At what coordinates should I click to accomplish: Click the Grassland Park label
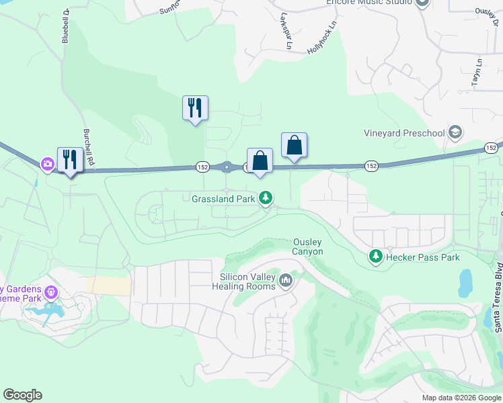pos(223,199)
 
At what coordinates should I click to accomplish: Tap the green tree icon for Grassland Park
pos(267,198)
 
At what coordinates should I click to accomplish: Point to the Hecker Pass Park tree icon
pos(375,256)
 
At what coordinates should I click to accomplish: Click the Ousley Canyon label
pos(308,247)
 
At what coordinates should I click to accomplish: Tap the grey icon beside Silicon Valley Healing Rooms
pos(286,279)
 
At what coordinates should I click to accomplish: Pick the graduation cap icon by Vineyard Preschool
pos(455,132)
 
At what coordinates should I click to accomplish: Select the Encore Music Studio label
pos(368,3)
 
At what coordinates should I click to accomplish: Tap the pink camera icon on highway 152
pos(47,163)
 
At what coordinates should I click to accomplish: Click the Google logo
pos(22,396)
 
